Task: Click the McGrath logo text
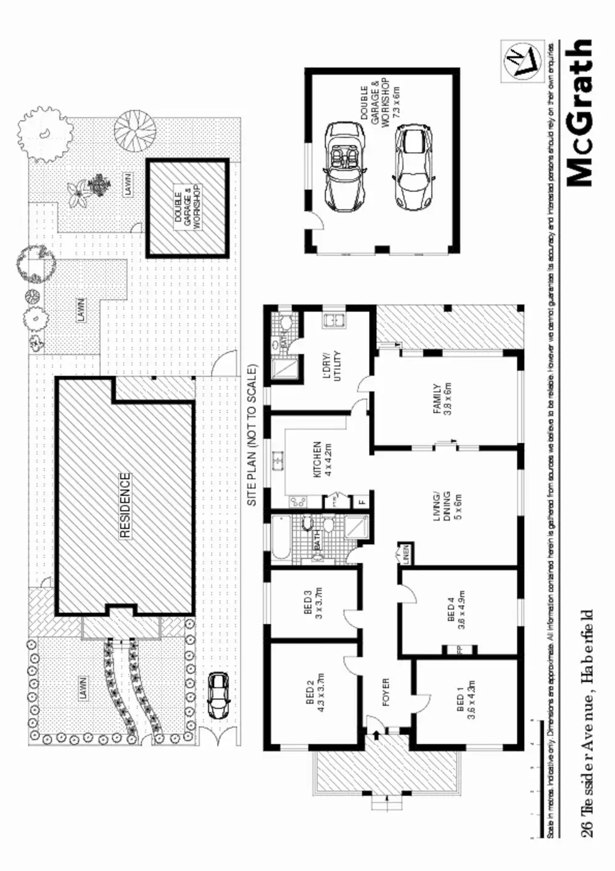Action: point(579,113)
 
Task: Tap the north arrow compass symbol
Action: point(521,59)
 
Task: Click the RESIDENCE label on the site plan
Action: point(125,505)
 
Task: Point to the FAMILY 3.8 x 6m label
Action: point(442,399)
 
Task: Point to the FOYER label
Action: point(386,692)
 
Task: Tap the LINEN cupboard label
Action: point(405,555)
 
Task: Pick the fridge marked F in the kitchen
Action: point(362,500)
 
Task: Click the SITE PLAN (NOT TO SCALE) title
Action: point(252,435)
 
